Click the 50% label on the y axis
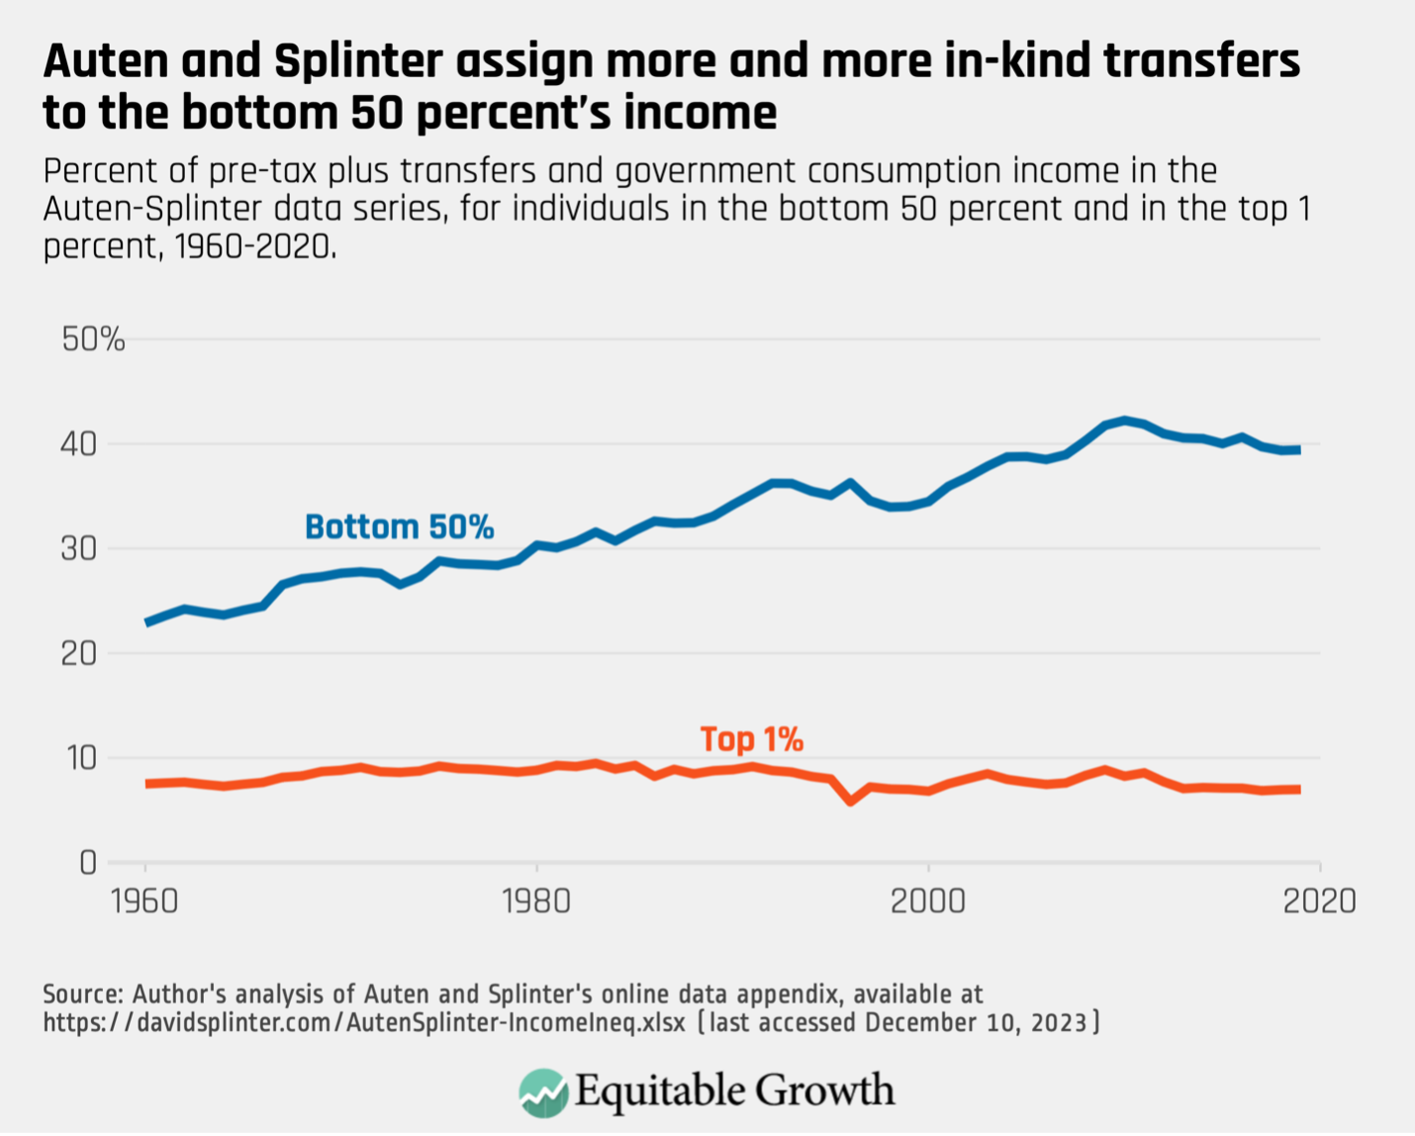click(93, 339)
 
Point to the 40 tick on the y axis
click(79, 443)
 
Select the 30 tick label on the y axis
click(79, 548)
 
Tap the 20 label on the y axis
click(79, 653)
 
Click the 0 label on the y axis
click(88, 863)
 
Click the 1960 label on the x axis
click(145, 901)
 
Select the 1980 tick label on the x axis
click(536, 901)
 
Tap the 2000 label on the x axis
click(927, 901)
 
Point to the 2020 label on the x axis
click(1318, 901)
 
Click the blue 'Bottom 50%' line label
click(399, 526)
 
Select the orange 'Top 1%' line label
click(751, 739)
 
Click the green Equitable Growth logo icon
click(543, 1092)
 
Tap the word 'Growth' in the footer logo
click(826, 1090)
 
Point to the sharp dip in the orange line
click(850, 801)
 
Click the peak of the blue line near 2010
click(1124, 420)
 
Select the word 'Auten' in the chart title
click(105, 61)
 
